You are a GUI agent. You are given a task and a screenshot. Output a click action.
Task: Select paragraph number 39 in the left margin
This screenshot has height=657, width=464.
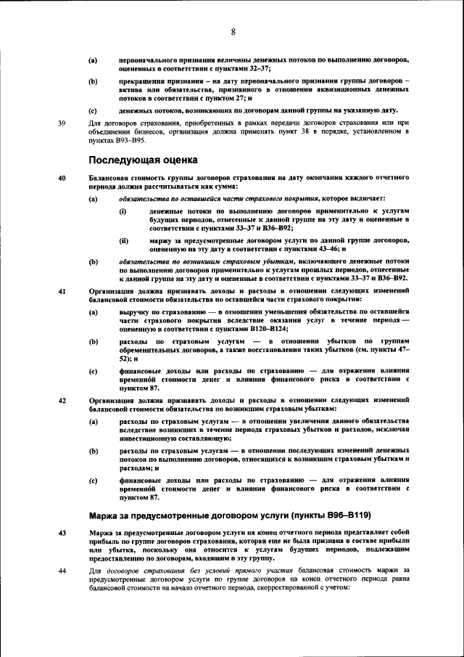[62, 123]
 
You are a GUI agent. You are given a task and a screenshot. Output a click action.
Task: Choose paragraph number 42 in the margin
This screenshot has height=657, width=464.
[62, 400]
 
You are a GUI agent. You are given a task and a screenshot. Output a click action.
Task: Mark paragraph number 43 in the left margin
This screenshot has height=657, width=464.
[62, 532]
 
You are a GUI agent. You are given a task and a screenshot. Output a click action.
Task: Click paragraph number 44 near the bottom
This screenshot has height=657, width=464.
[62, 571]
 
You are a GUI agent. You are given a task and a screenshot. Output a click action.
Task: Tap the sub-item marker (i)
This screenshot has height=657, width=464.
[123, 210]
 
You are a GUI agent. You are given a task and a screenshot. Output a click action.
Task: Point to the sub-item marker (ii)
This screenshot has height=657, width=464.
[123, 238]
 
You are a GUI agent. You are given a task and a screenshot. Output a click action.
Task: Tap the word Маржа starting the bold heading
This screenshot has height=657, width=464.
[106, 515]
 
